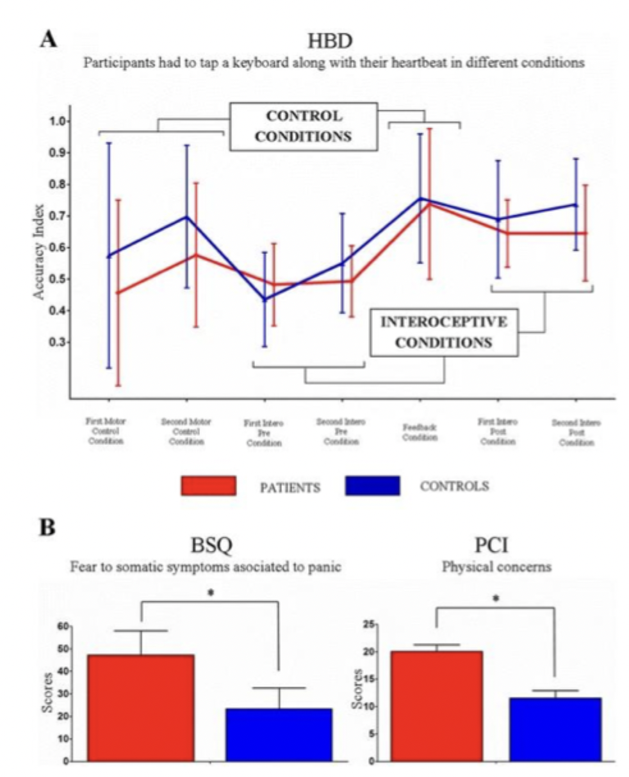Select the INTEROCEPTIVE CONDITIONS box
(x=443, y=332)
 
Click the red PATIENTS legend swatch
(x=208, y=487)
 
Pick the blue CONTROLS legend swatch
(x=372, y=487)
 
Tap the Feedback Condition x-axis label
(x=420, y=433)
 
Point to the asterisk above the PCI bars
(x=494, y=598)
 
